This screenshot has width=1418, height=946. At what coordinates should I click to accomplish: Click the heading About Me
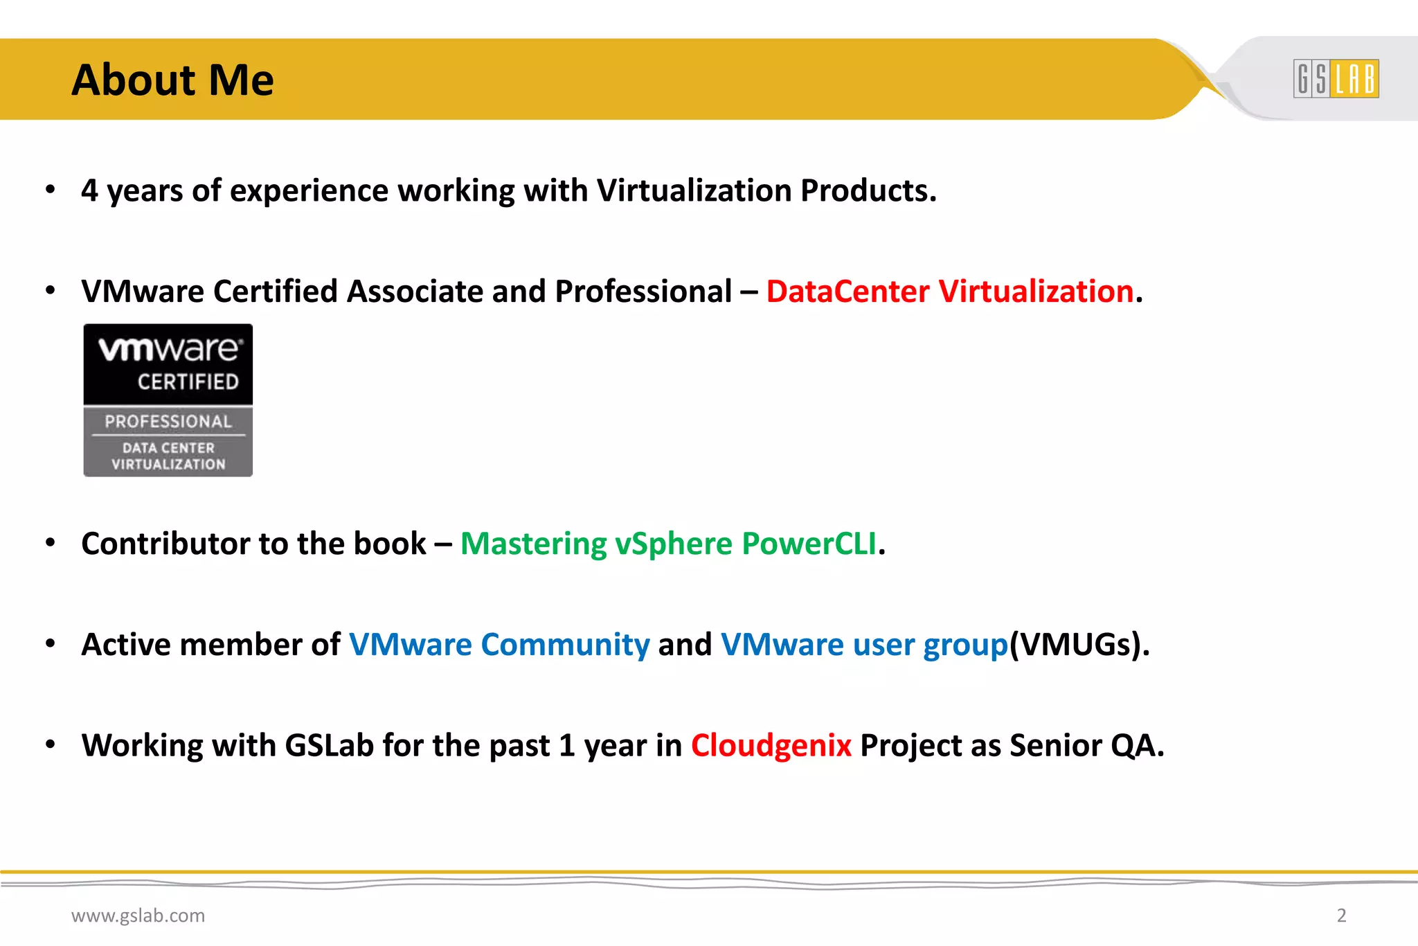[x=172, y=80]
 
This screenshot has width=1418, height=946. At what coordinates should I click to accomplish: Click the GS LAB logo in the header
[x=1336, y=78]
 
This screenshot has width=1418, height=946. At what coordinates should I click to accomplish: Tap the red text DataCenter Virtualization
[x=949, y=292]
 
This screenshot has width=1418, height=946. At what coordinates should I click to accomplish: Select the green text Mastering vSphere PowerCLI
[x=669, y=544]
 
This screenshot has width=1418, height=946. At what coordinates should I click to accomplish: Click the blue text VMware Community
[x=499, y=645]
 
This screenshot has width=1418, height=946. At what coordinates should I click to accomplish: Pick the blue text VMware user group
[x=864, y=645]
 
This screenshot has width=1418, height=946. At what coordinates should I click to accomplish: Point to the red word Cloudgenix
[x=771, y=746]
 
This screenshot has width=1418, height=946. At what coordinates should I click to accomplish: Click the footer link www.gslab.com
[x=138, y=916]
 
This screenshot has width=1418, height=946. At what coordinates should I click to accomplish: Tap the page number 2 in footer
[x=1341, y=916]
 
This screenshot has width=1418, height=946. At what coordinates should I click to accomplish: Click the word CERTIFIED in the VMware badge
[x=188, y=382]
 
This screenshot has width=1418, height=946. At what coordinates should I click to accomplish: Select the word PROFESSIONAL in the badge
[x=168, y=421]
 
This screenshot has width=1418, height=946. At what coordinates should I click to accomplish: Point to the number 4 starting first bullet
[x=89, y=191]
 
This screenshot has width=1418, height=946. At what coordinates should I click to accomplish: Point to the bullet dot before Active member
[x=50, y=644]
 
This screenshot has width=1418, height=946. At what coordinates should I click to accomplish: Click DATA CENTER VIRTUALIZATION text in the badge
[x=168, y=456]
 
